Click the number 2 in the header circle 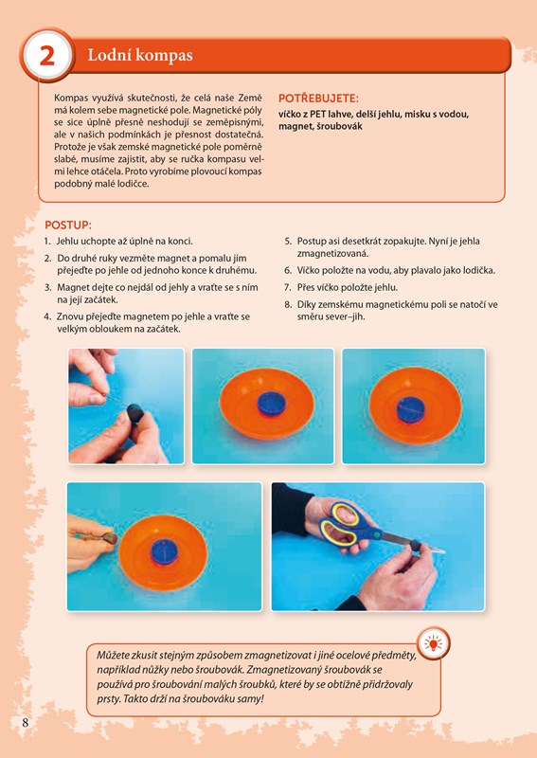[x=47, y=56]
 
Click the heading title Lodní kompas [x=140, y=56]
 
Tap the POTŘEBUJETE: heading [x=318, y=99]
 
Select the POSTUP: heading [x=68, y=226]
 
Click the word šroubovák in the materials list [x=342, y=126]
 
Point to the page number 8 [x=26, y=723]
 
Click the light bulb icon [x=433, y=643]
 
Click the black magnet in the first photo [x=134, y=414]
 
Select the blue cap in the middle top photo [x=272, y=404]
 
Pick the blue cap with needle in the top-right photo [x=410, y=409]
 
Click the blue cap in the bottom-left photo [x=165, y=553]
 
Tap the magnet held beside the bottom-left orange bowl [x=109, y=538]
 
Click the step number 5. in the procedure [x=288, y=242]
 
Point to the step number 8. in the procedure [x=288, y=305]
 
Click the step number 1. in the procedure [x=47, y=242]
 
